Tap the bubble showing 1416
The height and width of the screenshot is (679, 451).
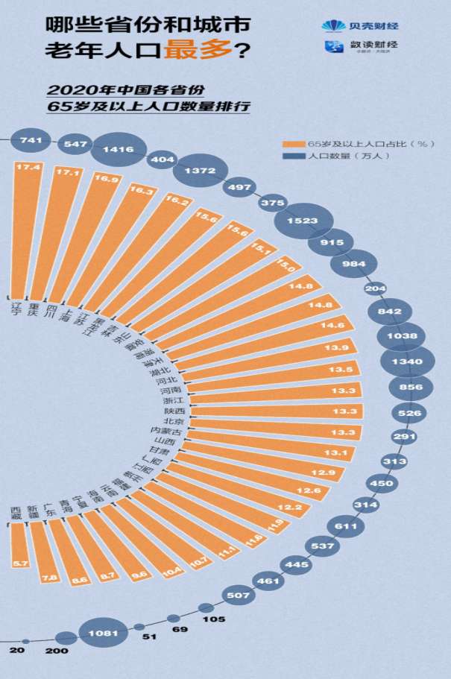click(118, 149)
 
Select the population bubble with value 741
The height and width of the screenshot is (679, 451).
click(31, 139)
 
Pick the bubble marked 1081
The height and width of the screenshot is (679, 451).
click(102, 634)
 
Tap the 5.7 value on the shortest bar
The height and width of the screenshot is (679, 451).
click(19, 564)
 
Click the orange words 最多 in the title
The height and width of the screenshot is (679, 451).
click(187, 51)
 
